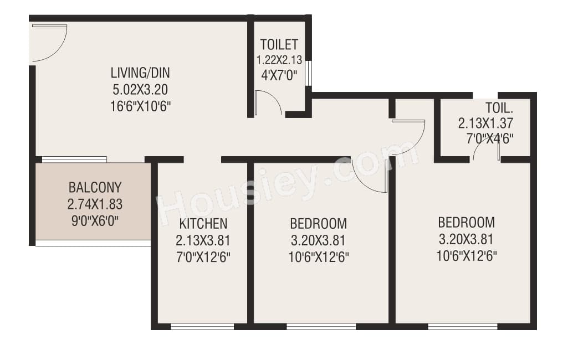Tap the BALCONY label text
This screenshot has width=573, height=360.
[95, 187]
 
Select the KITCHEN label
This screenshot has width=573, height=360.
[203, 224]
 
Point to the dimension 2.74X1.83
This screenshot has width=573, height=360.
[95, 204]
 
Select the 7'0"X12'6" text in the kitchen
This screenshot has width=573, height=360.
[203, 257]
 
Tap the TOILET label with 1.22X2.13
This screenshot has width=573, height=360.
[279, 44]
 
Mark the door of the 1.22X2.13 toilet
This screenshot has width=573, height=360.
[269, 104]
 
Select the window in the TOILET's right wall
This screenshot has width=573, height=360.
[309, 74]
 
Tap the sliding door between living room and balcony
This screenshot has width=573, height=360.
[74, 160]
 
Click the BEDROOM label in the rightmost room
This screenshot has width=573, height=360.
[466, 223]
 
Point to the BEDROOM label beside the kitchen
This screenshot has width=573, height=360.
[319, 224]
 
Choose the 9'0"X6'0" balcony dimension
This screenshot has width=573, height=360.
[95, 220]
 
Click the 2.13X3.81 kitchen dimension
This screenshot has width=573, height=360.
[203, 240]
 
